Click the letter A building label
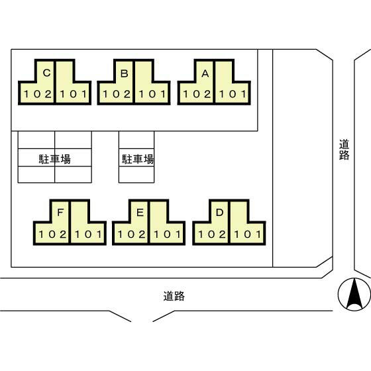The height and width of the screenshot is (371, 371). [205, 74]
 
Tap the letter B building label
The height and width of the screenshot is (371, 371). [124, 74]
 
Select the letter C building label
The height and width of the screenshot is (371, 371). [46, 74]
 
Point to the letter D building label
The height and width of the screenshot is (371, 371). [219, 213]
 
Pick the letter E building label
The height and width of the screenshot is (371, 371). [139, 213]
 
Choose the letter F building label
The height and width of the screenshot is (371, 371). [60, 213]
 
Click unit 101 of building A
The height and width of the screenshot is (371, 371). [232, 94]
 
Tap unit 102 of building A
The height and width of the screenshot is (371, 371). [196, 94]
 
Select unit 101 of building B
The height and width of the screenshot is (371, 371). [152, 94]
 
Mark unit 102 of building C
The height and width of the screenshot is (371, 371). [37, 94]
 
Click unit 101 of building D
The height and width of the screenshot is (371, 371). [246, 233]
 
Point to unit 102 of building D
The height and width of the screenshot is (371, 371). [211, 233]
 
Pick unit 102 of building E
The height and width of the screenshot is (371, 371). [131, 233]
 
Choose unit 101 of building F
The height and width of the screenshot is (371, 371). [87, 233]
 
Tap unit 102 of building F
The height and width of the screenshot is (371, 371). [52, 233]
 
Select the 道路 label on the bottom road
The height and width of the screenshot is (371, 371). [174, 296]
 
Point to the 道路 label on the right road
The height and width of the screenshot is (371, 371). [343, 149]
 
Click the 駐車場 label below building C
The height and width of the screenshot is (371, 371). [55, 159]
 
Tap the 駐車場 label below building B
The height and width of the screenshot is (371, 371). [137, 159]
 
